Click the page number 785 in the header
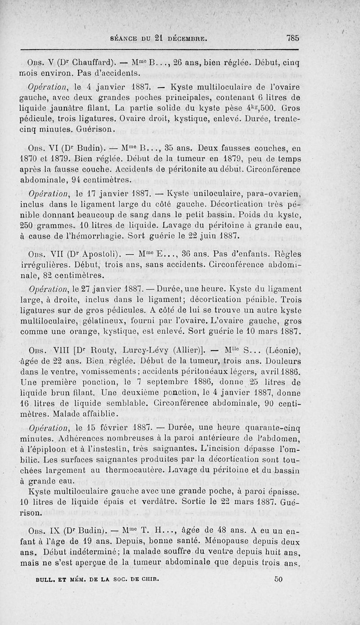292,38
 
